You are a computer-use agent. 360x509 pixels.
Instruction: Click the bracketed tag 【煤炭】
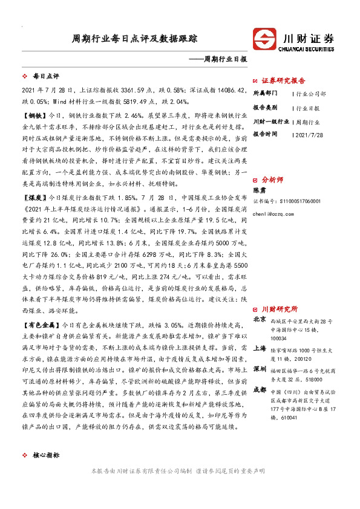coord(32,197)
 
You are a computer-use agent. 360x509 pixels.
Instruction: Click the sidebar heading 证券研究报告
coord(284,80)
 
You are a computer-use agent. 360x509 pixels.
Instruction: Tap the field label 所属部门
coord(265,94)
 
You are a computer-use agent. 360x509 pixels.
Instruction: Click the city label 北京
coord(259,319)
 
